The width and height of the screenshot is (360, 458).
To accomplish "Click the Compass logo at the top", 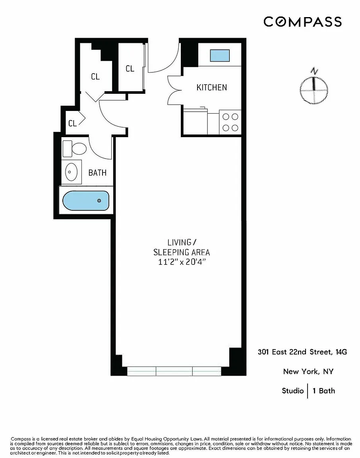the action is click(302, 22).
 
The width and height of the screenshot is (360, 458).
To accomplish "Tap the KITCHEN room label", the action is click(212, 87).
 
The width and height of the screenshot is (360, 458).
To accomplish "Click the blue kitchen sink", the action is click(220, 56).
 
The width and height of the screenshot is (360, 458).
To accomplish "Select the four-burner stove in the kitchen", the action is click(230, 122).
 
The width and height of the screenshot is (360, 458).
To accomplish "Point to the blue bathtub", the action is click(86, 200).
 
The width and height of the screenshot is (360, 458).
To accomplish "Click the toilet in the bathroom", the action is click(75, 149).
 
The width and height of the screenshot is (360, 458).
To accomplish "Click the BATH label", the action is click(97, 173).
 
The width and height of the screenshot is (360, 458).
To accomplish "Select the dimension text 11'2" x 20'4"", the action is click(182, 262).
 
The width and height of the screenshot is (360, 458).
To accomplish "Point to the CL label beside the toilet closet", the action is click(72, 123).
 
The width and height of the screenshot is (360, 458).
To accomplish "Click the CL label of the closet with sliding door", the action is click(130, 69).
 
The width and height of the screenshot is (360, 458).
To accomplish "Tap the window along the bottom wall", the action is click(174, 371).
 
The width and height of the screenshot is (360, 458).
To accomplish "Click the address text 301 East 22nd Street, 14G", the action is click(302, 352).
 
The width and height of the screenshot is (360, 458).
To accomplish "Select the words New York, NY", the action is click(308, 372).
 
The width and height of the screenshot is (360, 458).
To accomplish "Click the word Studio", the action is click(293, 391).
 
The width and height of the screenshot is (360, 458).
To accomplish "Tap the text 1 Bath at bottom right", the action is click(324, 391).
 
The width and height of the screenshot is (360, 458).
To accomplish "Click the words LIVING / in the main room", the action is click(182, 243).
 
